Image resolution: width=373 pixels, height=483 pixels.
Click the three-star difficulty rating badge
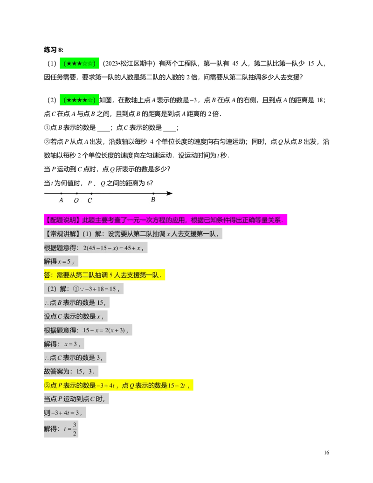[x=78, y=64]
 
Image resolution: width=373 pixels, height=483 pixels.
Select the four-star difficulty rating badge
[x=78, y=100]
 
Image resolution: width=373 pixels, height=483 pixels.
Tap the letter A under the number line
[x=61, y=200]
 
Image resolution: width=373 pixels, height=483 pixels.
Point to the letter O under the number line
[x=76, y=201]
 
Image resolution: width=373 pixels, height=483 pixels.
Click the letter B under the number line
[x=153, y=200]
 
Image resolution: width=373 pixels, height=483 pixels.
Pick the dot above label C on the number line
[x=91, y=193]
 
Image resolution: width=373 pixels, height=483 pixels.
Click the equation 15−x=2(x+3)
[x=105, y=330]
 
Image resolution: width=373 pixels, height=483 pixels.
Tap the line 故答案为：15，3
[x=69, y=372]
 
